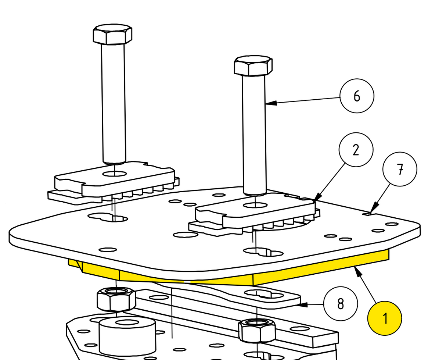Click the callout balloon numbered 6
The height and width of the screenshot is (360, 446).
(x=357, y=96)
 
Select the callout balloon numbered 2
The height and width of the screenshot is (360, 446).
(x=356, y=150)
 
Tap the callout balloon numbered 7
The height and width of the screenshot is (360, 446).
(x=400, y=169)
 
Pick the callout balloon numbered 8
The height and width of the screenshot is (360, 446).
(x=341, y=304)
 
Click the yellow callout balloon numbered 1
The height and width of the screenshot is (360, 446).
(x=385, y=318)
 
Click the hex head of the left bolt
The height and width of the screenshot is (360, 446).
(x=112, y=34)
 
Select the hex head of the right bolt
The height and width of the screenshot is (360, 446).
(x=253, y=65)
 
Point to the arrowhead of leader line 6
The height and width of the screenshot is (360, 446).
(x=271, y=103)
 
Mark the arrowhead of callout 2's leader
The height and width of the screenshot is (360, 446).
(x=317, y=197)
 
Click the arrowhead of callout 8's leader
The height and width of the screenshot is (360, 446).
(x=302, y=305)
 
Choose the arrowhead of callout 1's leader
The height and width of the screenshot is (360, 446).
(x=358, y=271)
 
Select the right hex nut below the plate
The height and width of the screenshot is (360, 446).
(x=257, y=331)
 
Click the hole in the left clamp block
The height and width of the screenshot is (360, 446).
(x=115, y=174)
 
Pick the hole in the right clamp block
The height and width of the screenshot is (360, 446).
(x=255, y=205)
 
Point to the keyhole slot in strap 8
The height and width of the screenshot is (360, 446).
(x=264, y=294)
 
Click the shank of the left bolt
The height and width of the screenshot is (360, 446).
(x=114, y=104)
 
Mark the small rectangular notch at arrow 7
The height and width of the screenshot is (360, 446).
(x=368, y=214)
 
